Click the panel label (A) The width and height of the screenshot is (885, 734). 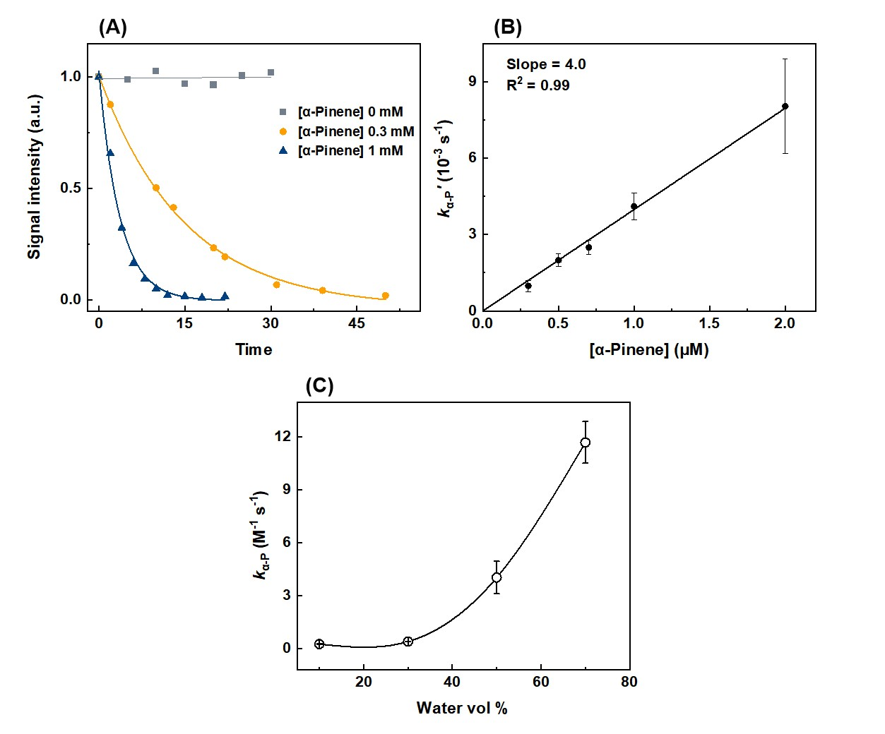tap(113, 28)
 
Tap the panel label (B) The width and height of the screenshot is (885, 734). tap(507, 28)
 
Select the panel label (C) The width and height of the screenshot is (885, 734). tap(319, 385)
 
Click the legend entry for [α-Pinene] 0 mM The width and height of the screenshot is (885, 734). tap(342, 112)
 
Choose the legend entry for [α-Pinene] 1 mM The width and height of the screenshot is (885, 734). tap(342, 150)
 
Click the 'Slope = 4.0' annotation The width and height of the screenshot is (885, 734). tap(546, 64)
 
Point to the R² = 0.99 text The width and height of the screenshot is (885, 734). tap(537, 85)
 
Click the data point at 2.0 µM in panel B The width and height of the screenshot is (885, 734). tap(785, 107)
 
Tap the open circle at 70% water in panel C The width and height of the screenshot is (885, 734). tap(585, 443)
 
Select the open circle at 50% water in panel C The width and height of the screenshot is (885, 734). tap(497, 577)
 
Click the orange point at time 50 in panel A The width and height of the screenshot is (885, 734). tap(385, 296)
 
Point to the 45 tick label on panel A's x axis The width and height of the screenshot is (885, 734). tap(357, 323)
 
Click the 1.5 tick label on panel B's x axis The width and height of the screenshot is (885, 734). tap(709, 323)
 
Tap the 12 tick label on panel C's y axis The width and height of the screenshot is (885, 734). tap(283, 436)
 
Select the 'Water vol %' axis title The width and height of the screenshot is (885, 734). tap(462, 708)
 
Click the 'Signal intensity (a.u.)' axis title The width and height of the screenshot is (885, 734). tap(35, 177)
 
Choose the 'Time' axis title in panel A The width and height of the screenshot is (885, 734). tap(254, 349)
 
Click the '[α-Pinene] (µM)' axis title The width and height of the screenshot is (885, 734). tap(648, 349)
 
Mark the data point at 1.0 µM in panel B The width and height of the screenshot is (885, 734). tap(634, 206)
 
